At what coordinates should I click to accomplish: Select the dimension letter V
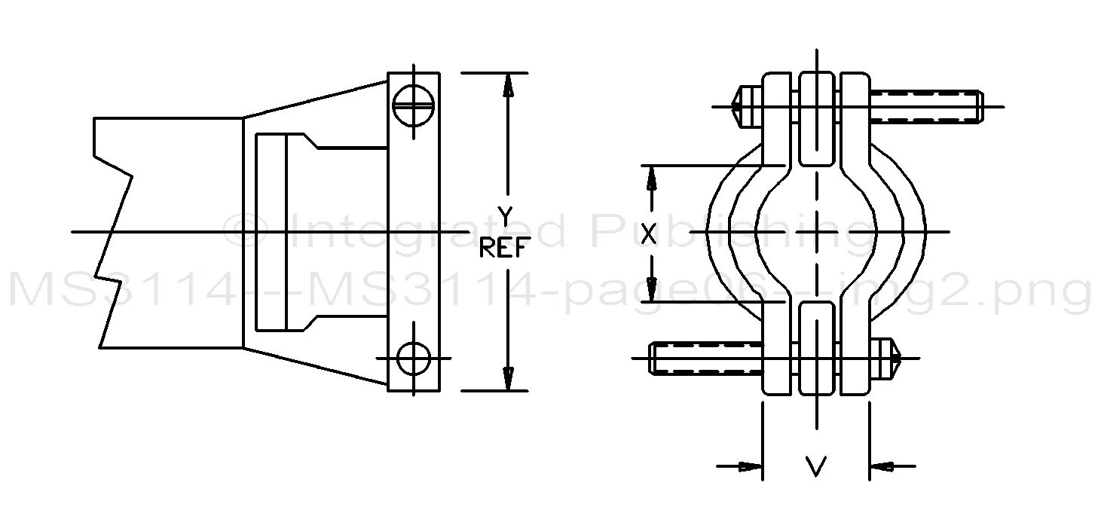click(x=815, y=467)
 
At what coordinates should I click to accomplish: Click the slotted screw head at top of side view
click(x=414, y=103)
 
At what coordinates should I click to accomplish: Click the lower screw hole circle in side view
click(x=414, y=358)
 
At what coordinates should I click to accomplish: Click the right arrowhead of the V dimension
click(x=881, y=467)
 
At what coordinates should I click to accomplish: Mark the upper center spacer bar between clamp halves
click(x=815, y=118)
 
